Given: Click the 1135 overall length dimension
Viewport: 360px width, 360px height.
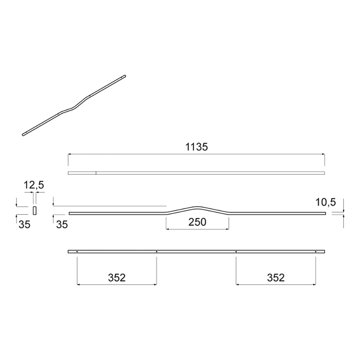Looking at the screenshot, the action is [x=196, y=147].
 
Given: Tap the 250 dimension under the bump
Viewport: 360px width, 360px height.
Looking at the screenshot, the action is [x=197, y=222].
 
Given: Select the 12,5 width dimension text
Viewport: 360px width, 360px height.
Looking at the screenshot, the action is [x=34, y=185].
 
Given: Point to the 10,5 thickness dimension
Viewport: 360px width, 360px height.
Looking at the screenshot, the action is [x=325, y=202].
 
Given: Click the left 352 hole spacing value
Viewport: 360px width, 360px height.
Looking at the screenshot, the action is [x=117, y=278].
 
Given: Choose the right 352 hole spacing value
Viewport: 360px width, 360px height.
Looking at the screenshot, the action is [x=276, y=278].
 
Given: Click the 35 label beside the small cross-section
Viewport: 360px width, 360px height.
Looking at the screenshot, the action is [x=24, y=225].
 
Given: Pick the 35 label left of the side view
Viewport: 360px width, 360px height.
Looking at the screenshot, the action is [x=62, y=225].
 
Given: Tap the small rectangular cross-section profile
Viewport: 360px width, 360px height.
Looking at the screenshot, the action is [x=35, y=211].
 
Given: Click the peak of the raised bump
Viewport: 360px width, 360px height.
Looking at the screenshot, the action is [x=197, y=207].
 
